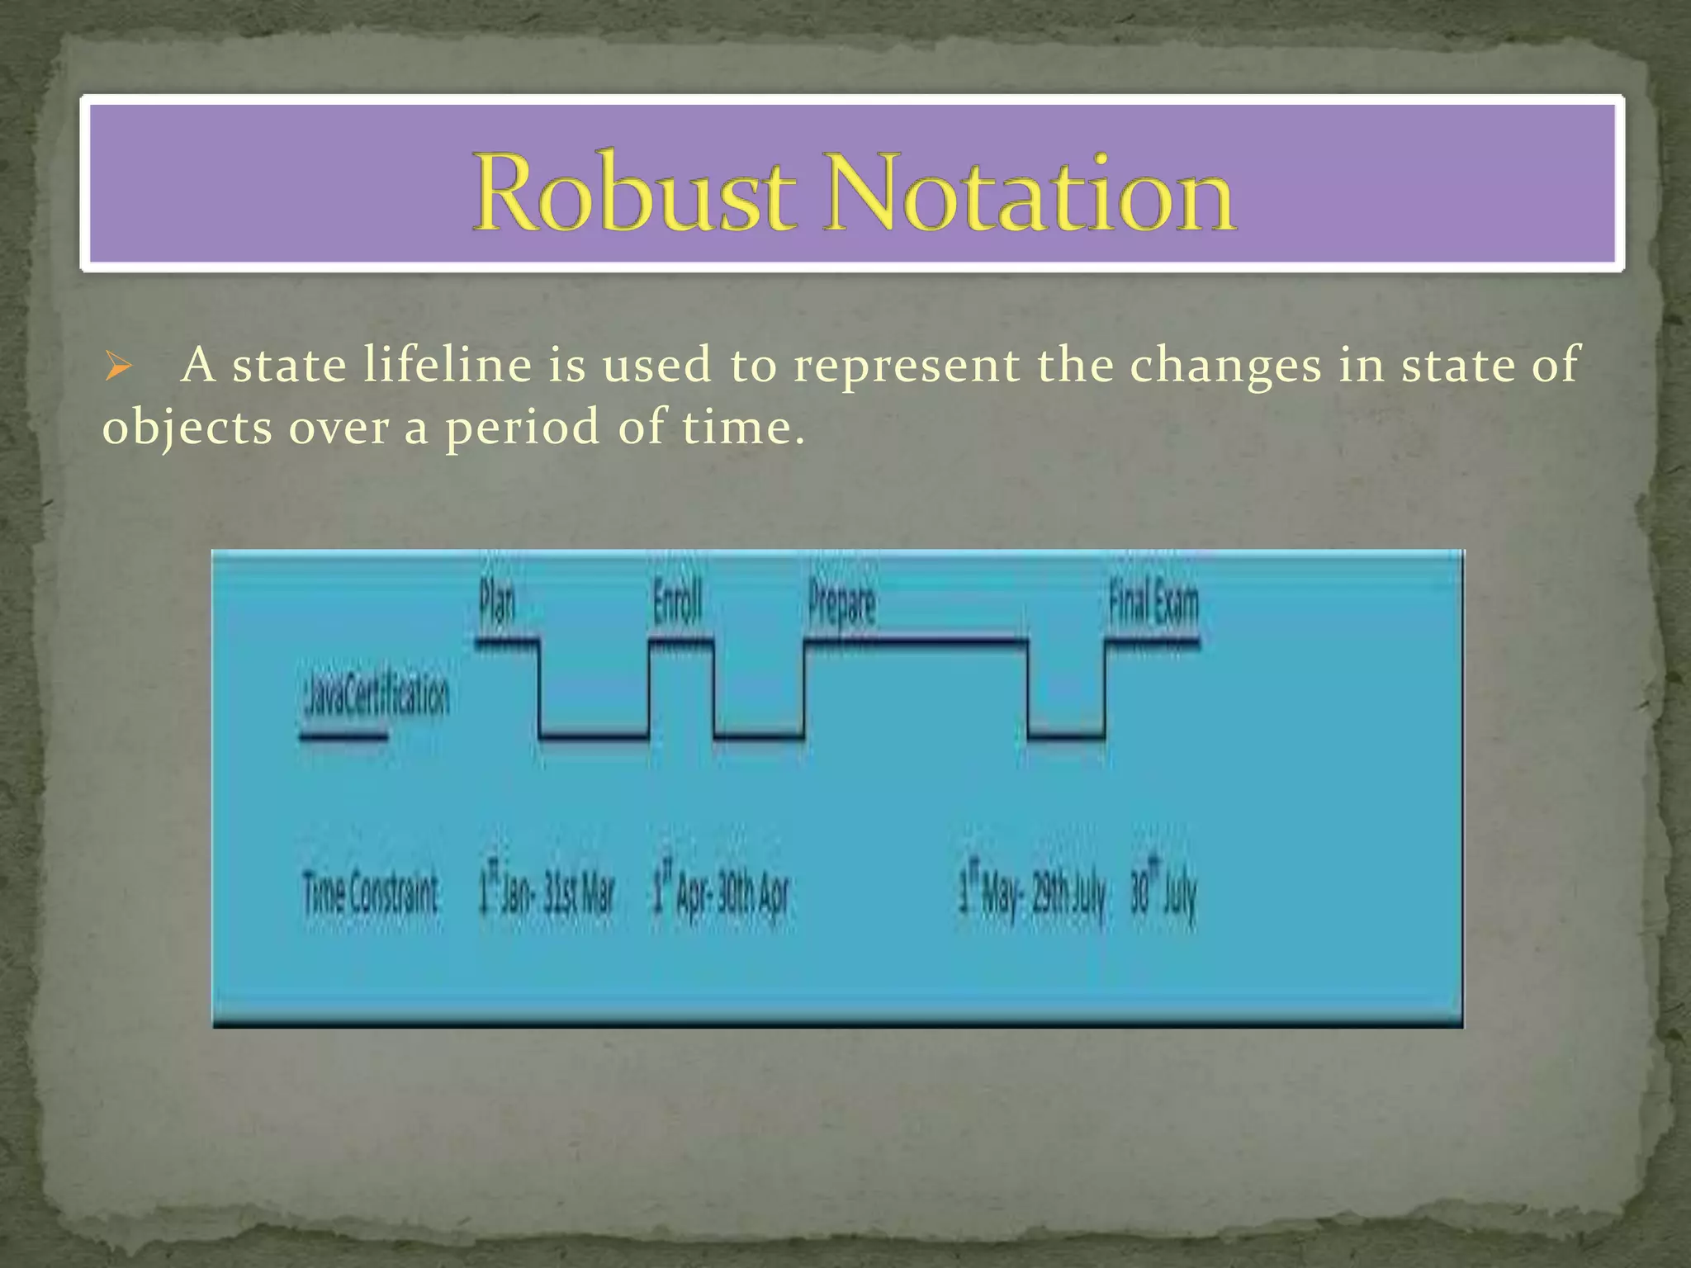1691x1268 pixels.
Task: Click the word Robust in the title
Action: click(634, 193)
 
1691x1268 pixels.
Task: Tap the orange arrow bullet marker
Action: click(119, 366)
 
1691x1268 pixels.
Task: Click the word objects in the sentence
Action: click(187, 428)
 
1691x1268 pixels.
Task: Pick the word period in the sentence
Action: click(522, 428)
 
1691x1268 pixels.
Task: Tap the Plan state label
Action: click(497, 603)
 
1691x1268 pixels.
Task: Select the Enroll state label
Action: click(677, 603)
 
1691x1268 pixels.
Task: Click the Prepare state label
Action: click(841, 605)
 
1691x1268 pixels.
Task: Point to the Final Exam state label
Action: click(1153, 603)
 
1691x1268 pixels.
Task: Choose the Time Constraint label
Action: click(371, 894)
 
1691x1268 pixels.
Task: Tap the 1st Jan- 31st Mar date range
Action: click(547, 894)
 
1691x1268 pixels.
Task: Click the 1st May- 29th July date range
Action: click(1031, 894)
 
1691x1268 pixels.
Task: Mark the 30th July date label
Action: click(1163, 894)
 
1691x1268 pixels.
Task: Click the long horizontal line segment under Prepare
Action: click(917, 640)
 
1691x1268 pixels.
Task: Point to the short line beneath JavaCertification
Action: click(343, 736)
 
